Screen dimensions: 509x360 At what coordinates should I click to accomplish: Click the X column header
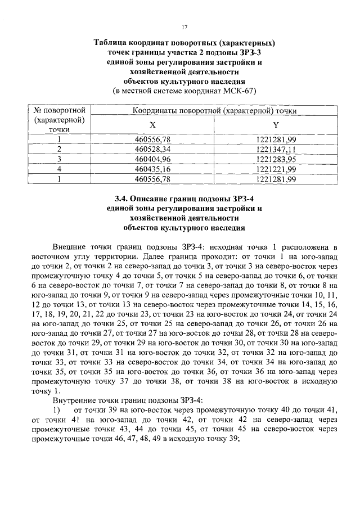[x=152, y=125]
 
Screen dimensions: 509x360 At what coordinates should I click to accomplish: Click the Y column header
[x=276, y=125]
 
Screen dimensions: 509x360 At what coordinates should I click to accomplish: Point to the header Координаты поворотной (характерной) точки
[x=214, y=111]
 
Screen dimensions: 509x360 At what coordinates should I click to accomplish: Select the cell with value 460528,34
[x=152, y=148]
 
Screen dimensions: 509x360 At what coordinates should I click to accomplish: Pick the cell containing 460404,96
[x=152, y=159]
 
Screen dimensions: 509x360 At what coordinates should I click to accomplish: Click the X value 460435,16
[x=152, y=169]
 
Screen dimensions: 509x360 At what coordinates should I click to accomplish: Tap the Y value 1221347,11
[x=276, y=148]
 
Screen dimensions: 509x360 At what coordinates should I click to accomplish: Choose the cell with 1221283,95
[x=276, y=159]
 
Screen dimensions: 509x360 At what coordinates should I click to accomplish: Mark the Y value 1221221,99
[x=276, y=169]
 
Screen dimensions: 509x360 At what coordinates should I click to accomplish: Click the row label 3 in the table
[x=59, y=159]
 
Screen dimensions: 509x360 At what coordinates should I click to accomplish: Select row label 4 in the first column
[x=59, y=169]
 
